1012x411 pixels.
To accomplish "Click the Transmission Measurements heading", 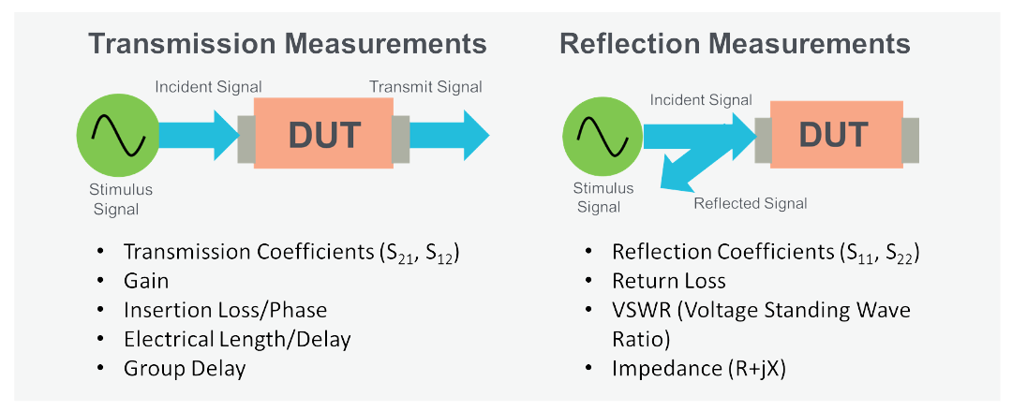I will [x=288, y=44].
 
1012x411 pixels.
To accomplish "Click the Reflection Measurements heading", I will [x=735, y=44].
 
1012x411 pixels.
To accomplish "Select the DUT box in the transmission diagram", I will [x=323, y=136].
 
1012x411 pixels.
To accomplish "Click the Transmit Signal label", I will [x=425, y=87].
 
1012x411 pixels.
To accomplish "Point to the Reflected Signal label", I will [x=750, y=203].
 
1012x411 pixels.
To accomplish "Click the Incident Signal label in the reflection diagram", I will [x=701, y=100].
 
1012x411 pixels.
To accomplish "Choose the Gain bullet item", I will [x=146, y=280].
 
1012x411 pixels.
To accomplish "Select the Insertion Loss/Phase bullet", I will [x=225, y=309].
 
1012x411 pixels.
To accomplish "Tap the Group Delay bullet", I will [x=185, y=368].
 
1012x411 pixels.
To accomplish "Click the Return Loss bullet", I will [x=668, y=280].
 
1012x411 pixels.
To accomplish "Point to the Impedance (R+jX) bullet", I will [x=698, y=368].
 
